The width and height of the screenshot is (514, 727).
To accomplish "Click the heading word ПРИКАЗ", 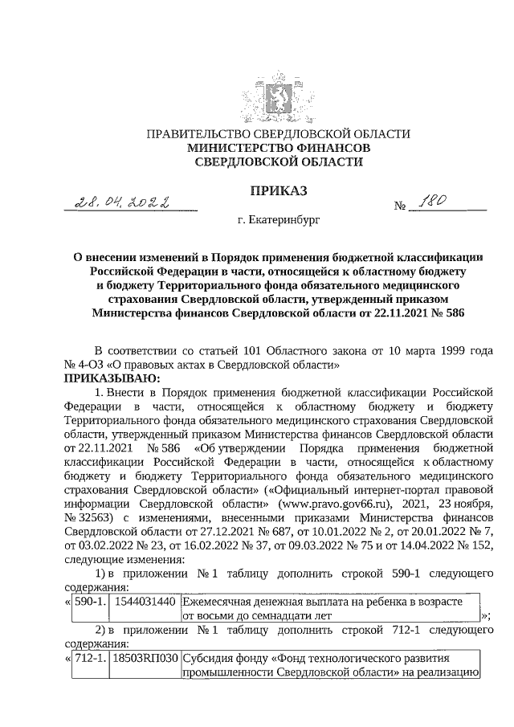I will click(257, 190).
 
